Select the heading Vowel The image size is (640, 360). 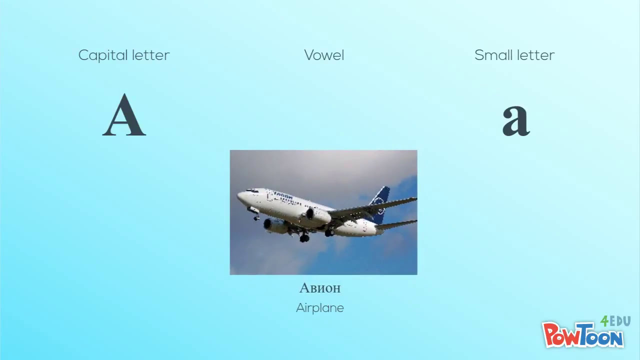click(324, 55)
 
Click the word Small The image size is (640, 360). click(492, 55)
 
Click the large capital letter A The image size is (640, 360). click(124, 115)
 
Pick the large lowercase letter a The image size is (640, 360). click(515, 120)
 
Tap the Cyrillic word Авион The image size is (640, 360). click(320, 288)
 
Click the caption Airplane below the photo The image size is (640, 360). click(320, 308)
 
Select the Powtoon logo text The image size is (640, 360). click(583, 335)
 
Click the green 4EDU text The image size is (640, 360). click(615, 321)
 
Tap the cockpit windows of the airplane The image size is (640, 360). click(252, 191)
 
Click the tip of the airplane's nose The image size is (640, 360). click(238, 195)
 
